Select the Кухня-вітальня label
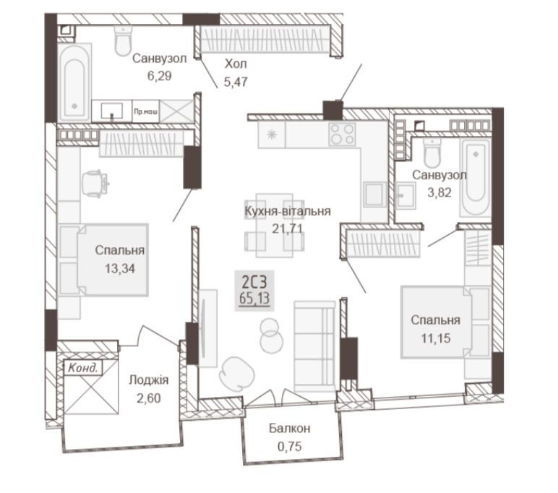click(287, 211)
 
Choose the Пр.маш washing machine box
click(147, 111)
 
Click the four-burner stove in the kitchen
click(342, 134)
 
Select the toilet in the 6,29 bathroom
click(124, 42)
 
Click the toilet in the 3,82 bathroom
click(432, 154)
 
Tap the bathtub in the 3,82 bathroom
click(475, 179)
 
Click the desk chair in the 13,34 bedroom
click(95, 181)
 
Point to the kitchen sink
click(374, 195)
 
